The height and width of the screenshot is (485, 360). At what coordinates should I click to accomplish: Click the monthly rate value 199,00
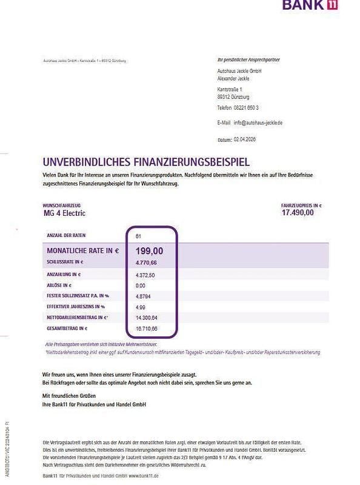pyautogui.click(x=149, y=250)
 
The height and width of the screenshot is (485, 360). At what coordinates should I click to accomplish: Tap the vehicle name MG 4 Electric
pyautogui.click(x=64, y=213)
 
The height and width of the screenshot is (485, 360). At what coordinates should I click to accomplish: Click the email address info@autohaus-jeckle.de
pyautogui.click(x=258, y=122)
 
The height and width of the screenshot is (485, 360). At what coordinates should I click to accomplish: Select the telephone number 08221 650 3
pyautogui.click(x=246, y=107)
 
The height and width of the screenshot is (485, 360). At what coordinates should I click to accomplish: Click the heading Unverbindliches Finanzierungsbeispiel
pyautogui.click(x=145, y=162)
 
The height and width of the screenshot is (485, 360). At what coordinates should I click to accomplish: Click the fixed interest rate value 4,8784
pyautogui.click(x=144, y=296)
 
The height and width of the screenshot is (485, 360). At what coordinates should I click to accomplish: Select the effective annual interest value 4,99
pyautogui.click(x=141, y=307)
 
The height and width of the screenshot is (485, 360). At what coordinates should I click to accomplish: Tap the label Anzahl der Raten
pyautogui.click(x=68, y=235)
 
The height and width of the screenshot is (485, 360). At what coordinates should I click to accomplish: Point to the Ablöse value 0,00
pyautogui.click(x=141, y=285)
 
